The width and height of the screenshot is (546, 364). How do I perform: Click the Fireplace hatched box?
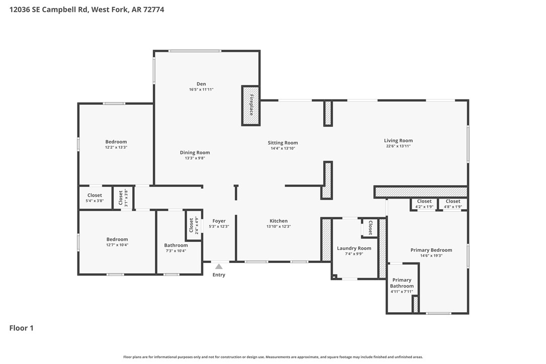(251, 105)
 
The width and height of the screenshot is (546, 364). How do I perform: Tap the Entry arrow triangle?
(219, 266)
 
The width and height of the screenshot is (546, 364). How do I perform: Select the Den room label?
(201, 84)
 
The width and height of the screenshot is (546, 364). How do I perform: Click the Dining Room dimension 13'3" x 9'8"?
(195, 158)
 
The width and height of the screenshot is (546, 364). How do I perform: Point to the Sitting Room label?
(283, 143)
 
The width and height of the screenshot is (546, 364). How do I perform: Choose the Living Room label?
(398, 141)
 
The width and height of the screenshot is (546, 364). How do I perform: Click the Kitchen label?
(279, 221)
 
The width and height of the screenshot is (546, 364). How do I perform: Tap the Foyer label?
(219, 221)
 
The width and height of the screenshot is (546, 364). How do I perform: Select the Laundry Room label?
(354, 248)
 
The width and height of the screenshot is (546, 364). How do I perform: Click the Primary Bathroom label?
(402, 283)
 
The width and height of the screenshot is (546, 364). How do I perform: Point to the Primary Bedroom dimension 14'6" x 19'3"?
(431, 255)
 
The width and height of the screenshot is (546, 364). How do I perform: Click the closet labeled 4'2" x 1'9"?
(424, 204)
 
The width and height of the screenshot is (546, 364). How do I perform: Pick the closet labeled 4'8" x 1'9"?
(452, 204)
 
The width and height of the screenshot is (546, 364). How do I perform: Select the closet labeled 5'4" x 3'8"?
(95, 198)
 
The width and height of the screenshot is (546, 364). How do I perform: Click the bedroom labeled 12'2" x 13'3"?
(116, 144)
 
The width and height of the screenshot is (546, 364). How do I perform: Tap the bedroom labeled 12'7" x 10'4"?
(117, 242)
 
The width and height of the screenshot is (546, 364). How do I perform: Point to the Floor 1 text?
(21, 328)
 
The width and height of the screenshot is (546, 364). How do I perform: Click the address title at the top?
(86, 9)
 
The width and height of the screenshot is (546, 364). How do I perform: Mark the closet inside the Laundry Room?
(370, 228)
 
